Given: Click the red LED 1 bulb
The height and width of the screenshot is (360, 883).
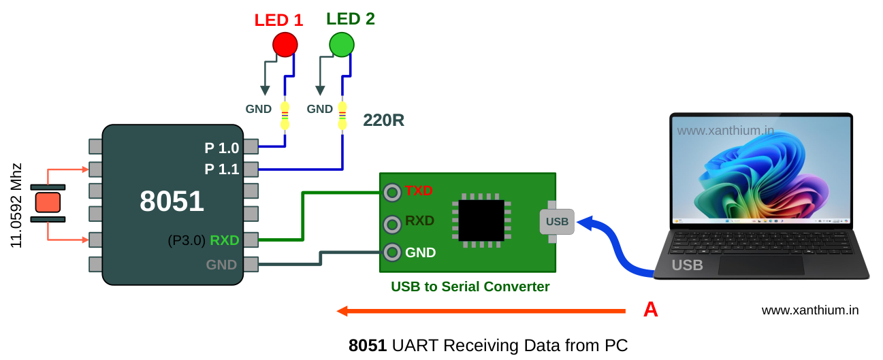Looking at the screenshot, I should (285, 44).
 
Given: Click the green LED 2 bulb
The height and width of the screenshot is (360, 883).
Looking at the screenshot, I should (341, 44).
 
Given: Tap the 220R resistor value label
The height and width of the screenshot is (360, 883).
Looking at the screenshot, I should (383, 120).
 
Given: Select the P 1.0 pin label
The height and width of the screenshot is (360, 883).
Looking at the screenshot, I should (221, 148).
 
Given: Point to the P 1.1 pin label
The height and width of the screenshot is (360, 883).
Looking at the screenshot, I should (221, 169).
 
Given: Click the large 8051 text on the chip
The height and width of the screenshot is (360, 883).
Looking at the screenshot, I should (172, 201).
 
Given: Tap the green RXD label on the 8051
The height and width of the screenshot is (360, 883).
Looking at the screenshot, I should (224, 240).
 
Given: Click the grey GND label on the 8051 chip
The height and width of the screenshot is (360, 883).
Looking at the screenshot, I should (221, 265).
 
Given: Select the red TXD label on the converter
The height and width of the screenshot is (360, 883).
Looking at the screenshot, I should (419, 191).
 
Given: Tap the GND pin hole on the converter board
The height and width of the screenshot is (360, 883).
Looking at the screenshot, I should (391, 252).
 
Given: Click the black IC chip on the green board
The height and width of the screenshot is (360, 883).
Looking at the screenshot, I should (481, 220).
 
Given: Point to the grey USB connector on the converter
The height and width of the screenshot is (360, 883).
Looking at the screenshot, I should (557, 221).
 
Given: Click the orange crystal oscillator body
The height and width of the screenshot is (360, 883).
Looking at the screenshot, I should (48, 202).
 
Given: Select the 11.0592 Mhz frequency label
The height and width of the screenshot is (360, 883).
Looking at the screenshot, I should (16, 205).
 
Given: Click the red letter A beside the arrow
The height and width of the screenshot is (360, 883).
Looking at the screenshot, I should (650, 310).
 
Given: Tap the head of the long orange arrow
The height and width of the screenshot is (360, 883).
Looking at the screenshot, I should (342, 311).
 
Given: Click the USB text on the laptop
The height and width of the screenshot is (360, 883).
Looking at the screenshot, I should (687, 265).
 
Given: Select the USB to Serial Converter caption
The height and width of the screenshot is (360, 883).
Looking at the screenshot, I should (470, 287).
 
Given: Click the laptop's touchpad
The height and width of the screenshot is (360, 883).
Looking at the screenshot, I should (761, 265).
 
